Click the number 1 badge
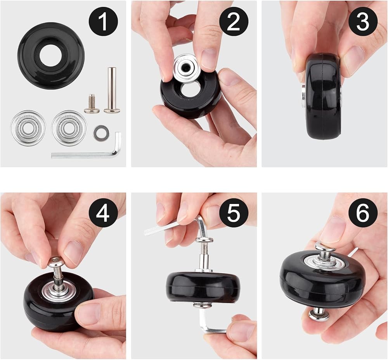[104, 22]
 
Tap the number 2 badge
[234, 22]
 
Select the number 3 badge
[363, 22]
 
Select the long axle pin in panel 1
[112, 90]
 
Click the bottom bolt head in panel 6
[319, 315]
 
